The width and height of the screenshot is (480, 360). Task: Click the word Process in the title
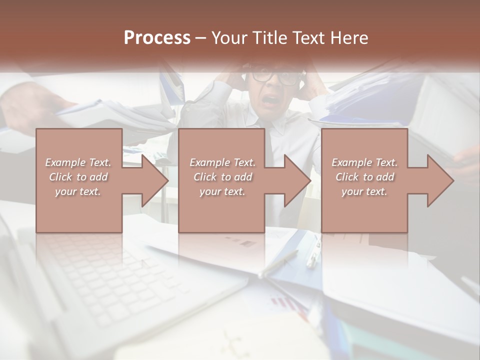[157, 38]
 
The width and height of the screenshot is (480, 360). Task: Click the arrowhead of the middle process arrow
[297, 180]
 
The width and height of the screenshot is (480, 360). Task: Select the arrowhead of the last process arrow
[440, 180]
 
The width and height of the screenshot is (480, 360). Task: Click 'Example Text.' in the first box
[78, 162]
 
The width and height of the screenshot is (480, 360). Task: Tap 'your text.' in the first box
[78, 191]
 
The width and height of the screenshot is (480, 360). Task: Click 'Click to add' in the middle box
[222, 177]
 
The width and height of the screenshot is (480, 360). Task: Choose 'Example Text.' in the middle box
[222, 162]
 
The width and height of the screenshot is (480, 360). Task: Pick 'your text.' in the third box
[364, 191]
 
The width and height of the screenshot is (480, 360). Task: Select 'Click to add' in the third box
[364, 177]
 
